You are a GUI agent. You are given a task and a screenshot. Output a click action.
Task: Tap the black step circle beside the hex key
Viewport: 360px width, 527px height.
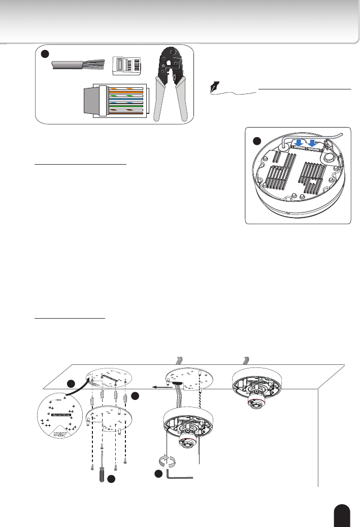(158, 474)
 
